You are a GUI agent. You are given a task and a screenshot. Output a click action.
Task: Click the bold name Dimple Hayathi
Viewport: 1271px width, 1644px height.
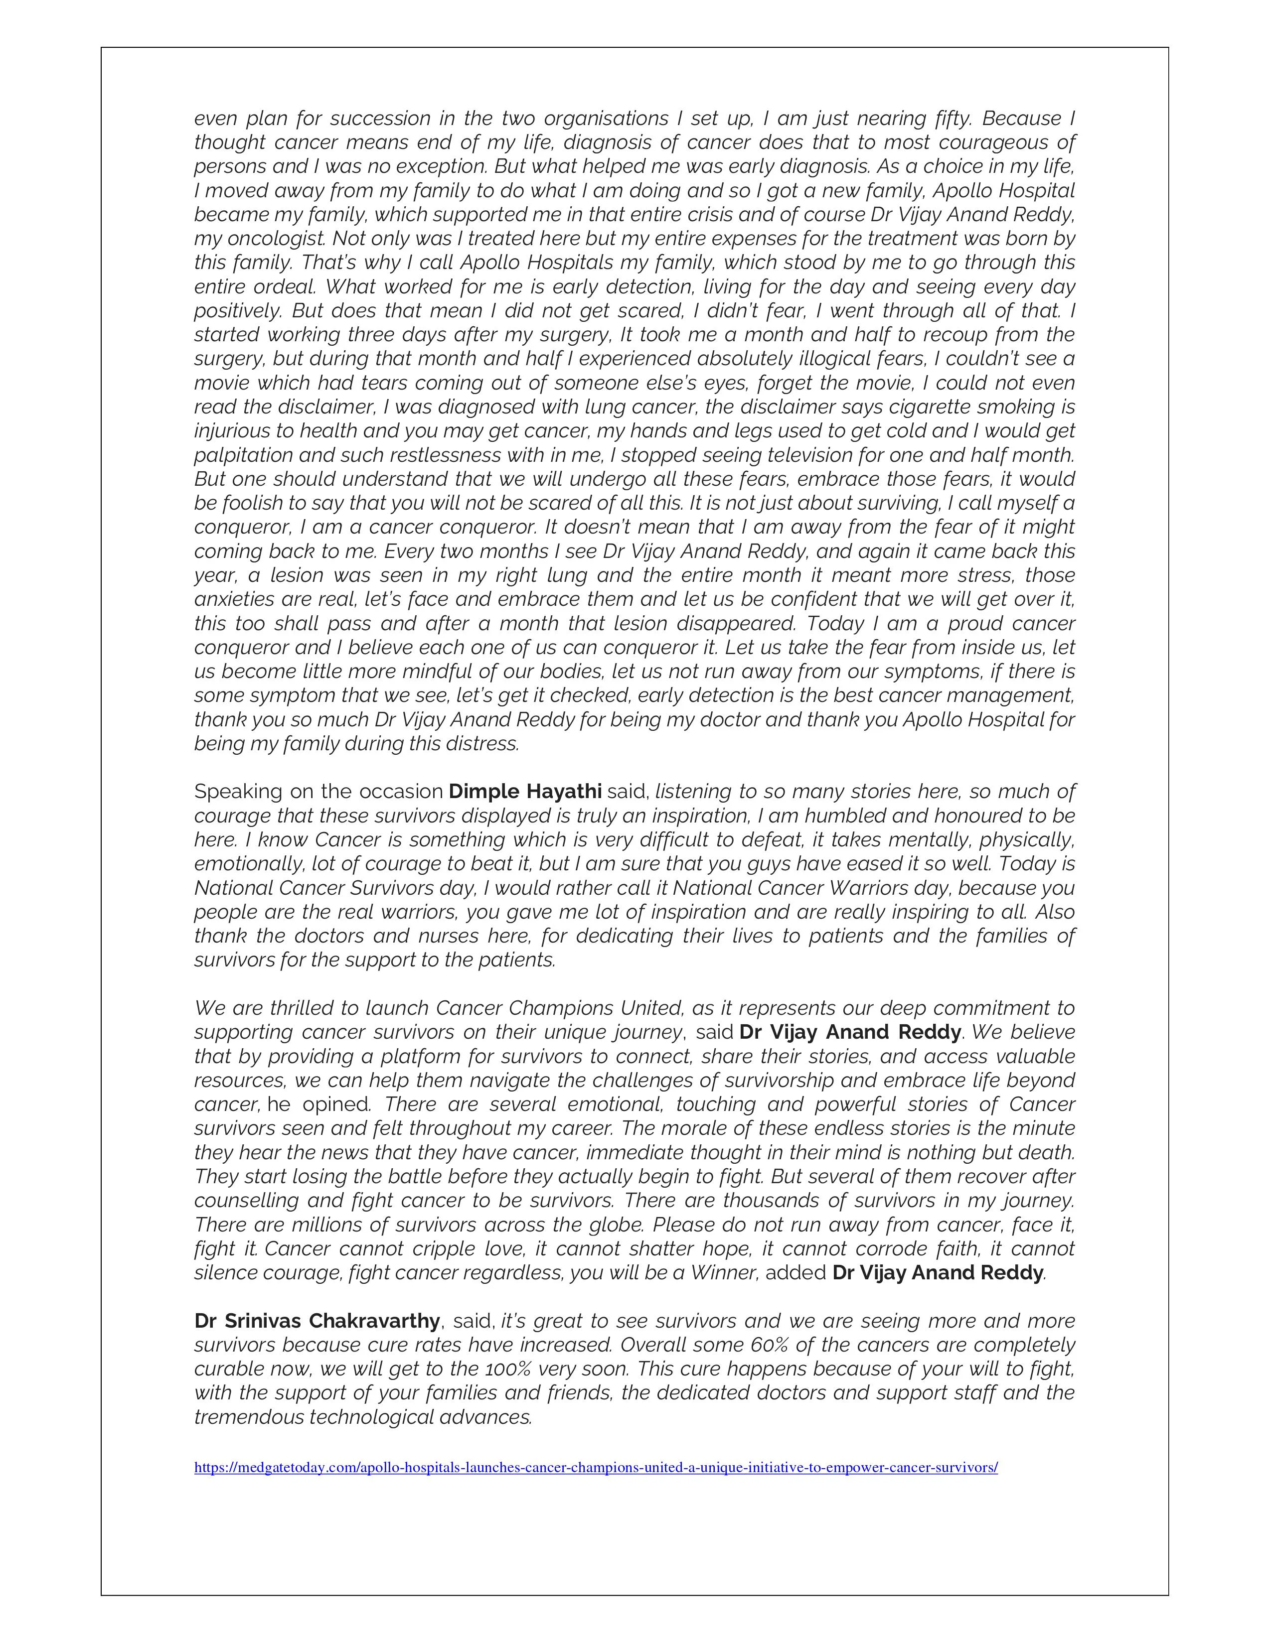coord(525,792)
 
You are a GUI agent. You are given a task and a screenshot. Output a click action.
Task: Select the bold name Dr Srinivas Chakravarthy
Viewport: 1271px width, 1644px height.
coord(317,1321)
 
